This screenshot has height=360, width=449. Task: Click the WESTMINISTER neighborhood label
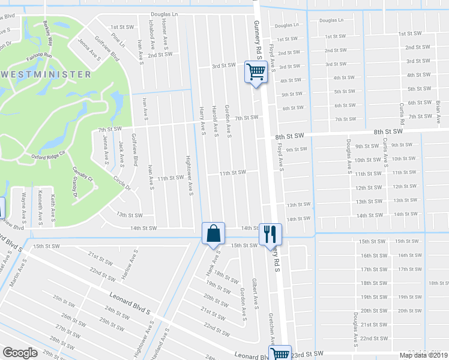tap(46, 74)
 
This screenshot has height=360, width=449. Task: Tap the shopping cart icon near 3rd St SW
tap(255, 73)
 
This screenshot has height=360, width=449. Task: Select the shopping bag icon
tap(214, 233)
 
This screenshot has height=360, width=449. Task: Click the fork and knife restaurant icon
tap(270, 233)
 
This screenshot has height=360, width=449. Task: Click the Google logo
tap(20, 353)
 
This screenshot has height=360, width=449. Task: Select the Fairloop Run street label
tap(40, 56)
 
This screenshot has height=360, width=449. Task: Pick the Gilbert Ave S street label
tap(255, 290)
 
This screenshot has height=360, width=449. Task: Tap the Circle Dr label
tap(121, 183)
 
